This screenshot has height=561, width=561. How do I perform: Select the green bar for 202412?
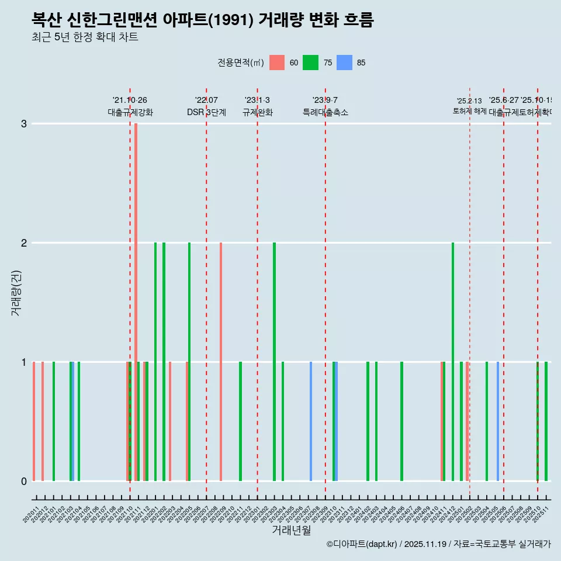tap(453, 362)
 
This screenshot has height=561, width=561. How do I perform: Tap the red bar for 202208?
tap(221, 362)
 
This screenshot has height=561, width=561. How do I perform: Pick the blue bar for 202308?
tap(311, 421)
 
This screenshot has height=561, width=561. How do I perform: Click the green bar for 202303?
tap(274, 362)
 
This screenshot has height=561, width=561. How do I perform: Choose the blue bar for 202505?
tap(498, 421)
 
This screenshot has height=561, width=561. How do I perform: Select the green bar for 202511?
tap(546, 421)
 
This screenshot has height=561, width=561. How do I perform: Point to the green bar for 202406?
tap(401, 421)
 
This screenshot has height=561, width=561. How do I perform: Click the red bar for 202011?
tap(34, 421)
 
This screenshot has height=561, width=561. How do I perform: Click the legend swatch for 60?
tap(277, 63)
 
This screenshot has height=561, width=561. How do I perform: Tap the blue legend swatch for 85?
tap(345, 63)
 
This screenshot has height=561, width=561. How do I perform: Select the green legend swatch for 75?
tap(310, 63)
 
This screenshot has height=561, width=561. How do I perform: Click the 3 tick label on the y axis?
tap(24, 123)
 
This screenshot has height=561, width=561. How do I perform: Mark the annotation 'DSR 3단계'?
tap(206, 112)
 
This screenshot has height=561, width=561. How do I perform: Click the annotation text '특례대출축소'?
tap(325, 112)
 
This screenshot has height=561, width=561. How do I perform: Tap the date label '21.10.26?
tap(130, 100)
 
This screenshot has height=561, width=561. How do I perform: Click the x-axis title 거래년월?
tap(291, 530)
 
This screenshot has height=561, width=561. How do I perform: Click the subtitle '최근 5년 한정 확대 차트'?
tap(85, 37)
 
